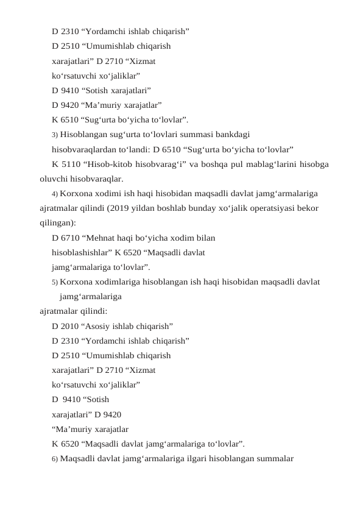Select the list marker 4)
pyautogui.click(x=55, y=194)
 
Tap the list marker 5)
pyautogui.click(x=55, y=282)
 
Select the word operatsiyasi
pyautogui.click(x=267, y=208)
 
